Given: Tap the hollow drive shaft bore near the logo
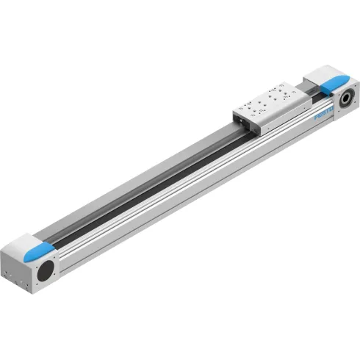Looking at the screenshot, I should [345, 96].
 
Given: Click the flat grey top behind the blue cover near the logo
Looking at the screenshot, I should [316, 71].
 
